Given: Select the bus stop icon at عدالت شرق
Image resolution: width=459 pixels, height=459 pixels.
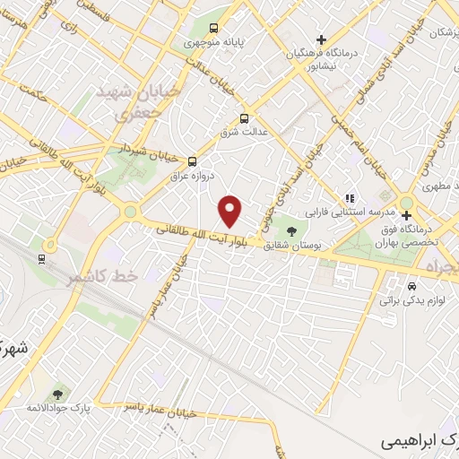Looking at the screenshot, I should click(244, 118).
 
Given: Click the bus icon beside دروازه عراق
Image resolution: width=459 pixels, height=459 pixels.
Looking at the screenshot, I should click(192, 161).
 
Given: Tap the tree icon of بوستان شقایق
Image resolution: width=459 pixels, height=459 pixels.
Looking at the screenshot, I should click(290, 228).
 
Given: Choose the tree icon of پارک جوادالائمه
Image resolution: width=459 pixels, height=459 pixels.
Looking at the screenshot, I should click(58, 394).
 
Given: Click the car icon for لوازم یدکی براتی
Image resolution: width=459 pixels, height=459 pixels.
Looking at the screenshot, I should click(411, 286).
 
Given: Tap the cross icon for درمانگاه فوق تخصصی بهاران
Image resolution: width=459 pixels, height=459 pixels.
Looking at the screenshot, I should click(407, 215).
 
